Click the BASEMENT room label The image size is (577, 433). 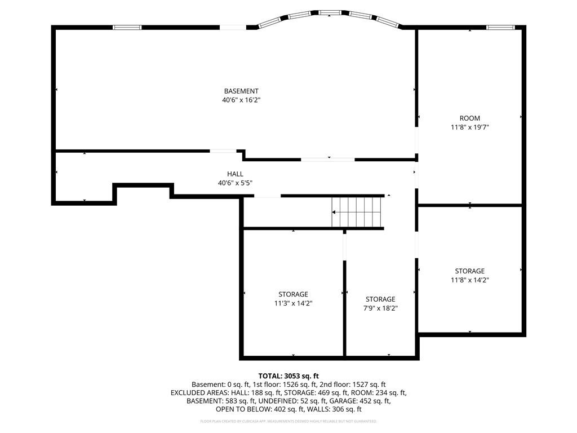[241, 91]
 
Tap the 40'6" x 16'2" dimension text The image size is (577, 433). [241, 100]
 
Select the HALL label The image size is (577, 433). [235, 174]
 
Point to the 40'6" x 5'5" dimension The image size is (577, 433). [235, 183]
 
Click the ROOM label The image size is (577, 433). [469, 118]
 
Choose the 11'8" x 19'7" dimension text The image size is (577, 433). [469, 127]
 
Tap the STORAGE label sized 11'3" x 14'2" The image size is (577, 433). [293, 294]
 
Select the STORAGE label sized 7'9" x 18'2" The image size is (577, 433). [380, 299]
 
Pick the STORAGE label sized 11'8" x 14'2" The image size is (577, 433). [469, 271]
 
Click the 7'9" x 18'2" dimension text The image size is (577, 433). [380, 308]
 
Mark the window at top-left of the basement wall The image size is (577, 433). [127, 27]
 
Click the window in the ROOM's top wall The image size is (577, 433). [500, 27]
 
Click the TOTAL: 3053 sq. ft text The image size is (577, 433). [288, 376]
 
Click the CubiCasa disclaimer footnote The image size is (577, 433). [288, 421]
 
